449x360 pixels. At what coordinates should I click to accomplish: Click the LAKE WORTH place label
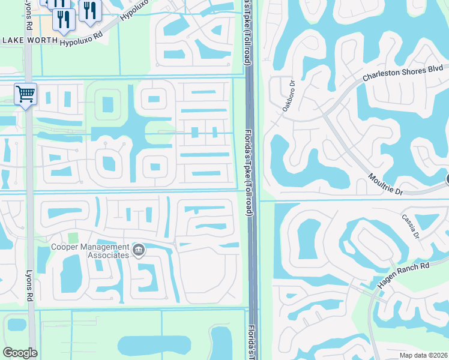(x=30, y=40)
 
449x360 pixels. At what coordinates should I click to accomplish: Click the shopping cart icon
(x=26, y=94)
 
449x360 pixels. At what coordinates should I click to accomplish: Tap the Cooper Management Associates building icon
(x=139, y=249)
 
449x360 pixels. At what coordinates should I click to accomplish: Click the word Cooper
(x=65, y=247)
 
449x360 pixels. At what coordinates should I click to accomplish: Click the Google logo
(x=20, y=353)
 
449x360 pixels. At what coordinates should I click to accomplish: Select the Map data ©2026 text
(x=423, y=355)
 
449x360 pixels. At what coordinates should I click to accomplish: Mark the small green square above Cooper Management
(x=73, y=238)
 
